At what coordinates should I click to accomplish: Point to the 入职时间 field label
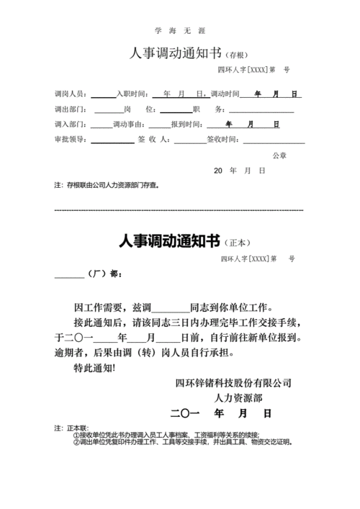point(132,95)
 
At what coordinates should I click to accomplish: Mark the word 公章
point(279,156)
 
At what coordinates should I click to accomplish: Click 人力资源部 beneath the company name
point(238,398)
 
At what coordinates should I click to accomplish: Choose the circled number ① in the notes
point(75,436)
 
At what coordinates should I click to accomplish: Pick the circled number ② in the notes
point(75,443)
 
